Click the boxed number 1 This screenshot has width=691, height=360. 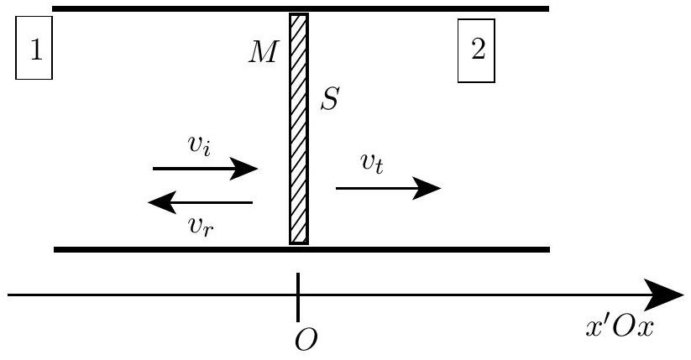(34, 48)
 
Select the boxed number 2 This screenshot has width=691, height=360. (476, 50)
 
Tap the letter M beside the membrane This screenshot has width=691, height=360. (264, 52)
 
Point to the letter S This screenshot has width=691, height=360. (330, 99)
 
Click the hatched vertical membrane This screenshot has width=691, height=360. (299, 128)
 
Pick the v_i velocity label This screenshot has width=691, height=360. (199, 145)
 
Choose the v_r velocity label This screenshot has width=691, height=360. (201, 227)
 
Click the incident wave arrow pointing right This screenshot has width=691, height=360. (206, 169)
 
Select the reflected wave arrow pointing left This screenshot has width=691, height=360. (200, 202)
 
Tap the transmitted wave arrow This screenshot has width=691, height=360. (388, 188)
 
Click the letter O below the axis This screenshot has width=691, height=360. (306, 340)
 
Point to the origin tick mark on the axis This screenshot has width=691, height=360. (298, 297)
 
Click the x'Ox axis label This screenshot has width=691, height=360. (620, 327)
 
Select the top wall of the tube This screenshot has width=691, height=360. (301, 9)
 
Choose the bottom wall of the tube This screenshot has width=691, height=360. (302, 249)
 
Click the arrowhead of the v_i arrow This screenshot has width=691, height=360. (244, 169)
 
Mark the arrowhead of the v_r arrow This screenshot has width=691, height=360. (162, 202)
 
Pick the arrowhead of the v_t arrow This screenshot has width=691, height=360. (427, 188)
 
